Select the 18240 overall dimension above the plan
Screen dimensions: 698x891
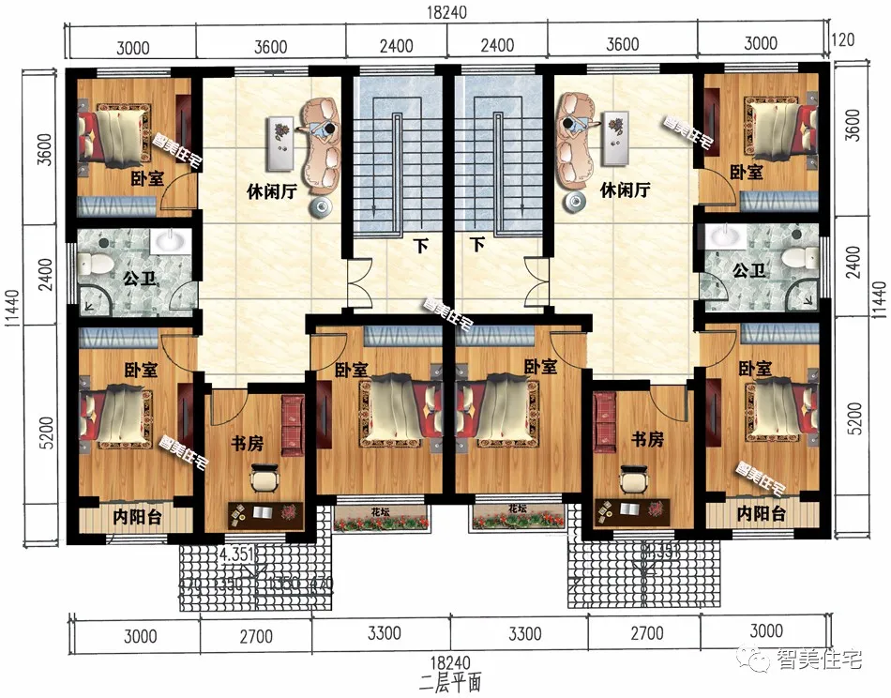click(x=445, y=11)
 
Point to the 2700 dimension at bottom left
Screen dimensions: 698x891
click(x=254, y=637)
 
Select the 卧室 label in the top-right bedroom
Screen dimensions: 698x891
click(x=747, y=174)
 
